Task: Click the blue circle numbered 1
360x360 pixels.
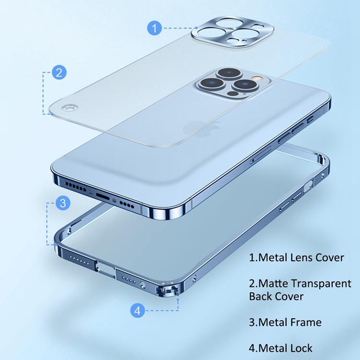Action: (x=154, y=28)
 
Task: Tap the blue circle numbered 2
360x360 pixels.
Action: (x=59, y=73)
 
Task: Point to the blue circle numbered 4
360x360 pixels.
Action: (x=137, y=311)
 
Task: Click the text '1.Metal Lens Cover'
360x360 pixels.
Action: (x=296, y=257)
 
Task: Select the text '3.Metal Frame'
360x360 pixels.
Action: (x=285, y=322)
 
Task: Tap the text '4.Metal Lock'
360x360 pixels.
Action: (x=281, y=348)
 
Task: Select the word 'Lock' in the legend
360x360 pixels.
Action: (x=299, y=348)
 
